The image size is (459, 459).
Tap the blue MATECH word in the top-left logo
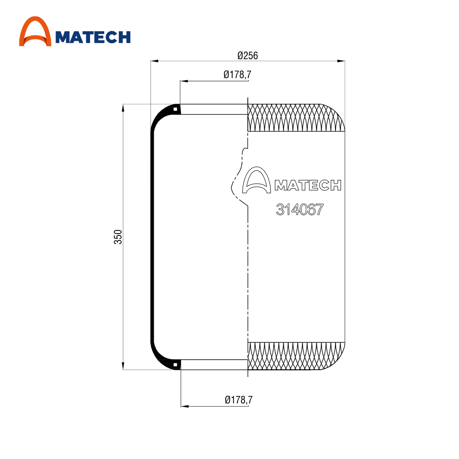coord(93,37)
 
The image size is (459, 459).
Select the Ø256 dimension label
coord(248,56)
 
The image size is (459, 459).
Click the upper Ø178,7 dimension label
coord(237,75)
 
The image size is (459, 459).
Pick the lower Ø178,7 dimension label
coord(239,400)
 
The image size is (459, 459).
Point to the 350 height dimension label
coord(118,237)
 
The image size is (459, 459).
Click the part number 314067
coord(300,210)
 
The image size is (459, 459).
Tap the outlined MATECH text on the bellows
coord(308,185)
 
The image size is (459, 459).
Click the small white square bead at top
coord(175,110)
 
